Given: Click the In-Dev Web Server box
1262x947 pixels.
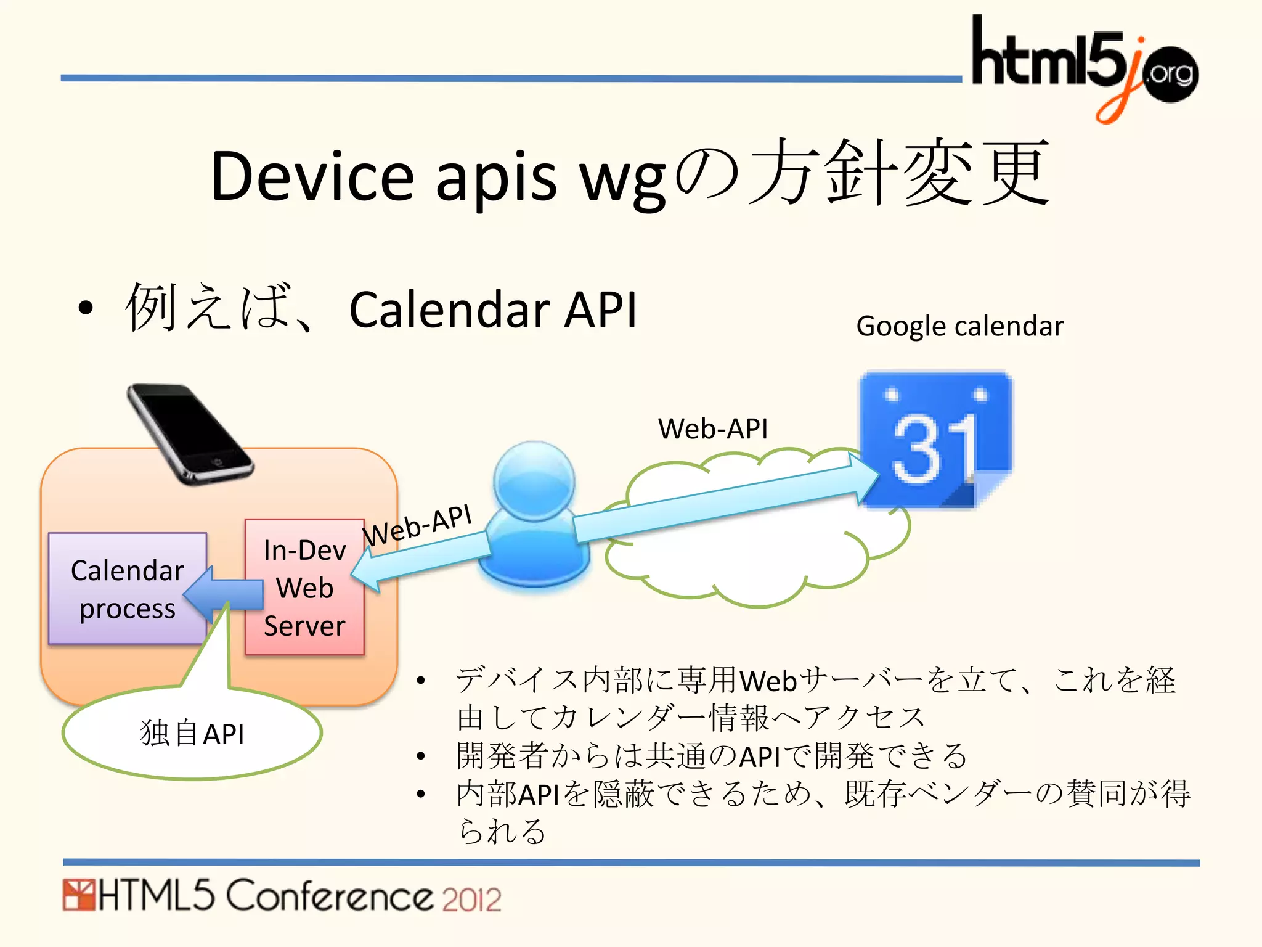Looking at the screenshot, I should [304, 588].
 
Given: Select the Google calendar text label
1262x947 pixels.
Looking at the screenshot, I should [959, 326].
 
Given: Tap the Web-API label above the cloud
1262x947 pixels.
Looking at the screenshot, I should [713, 428].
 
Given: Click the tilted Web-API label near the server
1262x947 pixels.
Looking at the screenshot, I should [417, 525].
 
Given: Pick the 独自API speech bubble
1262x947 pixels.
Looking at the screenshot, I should [192, 734].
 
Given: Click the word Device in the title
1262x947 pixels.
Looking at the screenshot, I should [312, 176].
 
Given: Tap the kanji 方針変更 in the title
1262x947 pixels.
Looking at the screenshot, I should [900, 173].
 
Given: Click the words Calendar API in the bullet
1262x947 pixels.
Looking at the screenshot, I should [492, 310].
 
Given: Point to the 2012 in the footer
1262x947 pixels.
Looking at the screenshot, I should [471, 900].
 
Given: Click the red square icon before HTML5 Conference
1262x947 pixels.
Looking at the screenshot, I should [78, 895].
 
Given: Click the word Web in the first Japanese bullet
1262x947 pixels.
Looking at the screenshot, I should [768, 681].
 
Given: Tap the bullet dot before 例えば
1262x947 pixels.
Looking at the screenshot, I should [86, 308].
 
